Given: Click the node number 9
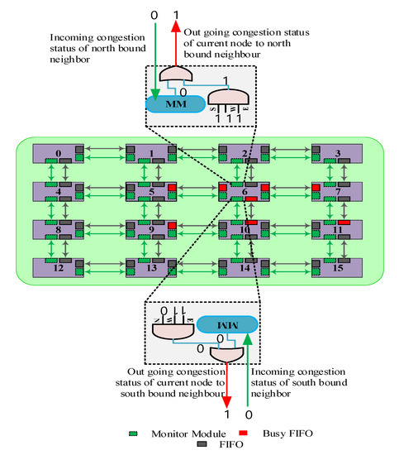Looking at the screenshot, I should click(x=150, y=231).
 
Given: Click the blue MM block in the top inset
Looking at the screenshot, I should click(x=174, y=104).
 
